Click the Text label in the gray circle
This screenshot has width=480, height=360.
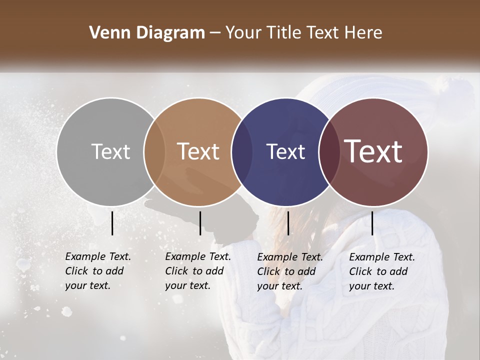pyautogui.click(x=110, y=151)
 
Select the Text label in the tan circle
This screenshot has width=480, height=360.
pyautogui.click(x=198, y=151)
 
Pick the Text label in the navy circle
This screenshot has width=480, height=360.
pyautogui.click(x=285, y=151)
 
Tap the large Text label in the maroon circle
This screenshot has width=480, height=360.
pyautogui.click(x=373, y=151)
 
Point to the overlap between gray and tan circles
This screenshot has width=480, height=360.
pyautogui.click(x=154, y=151)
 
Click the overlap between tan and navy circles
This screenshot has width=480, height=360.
pyautogui.click(x=241, y=151)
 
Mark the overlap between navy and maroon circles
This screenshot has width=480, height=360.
pyautogui.click(x=329, y=151)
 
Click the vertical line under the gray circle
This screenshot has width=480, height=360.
pyautogui.click(x=112, y=223)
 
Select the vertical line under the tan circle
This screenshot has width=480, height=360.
pyautogui.click(x=200, y=223)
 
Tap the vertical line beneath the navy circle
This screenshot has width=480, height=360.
pyautogui.click(x=288, y=223)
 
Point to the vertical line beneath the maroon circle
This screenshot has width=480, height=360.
pyautogui.click(x=372, y=223)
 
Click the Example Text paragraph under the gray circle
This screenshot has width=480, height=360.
pyautogui.click(x=97, y=271)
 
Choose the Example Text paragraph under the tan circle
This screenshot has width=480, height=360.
pyautogui.click(x=197, y=271)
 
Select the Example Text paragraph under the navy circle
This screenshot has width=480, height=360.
pyautogui.click(x=289, y=271)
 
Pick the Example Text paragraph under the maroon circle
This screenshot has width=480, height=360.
pyautogui.click(x=381, y=271)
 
